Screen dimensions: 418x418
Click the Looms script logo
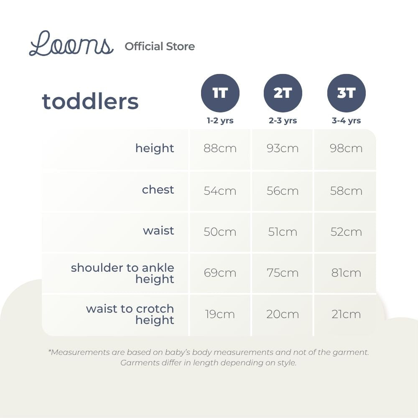(71, 44)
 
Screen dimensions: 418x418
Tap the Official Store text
(160, 46)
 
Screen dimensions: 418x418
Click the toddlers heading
(90, 102)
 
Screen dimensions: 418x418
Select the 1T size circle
(220, 93)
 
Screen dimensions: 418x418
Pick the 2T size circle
(283, 93)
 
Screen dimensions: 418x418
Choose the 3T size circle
(346, 93)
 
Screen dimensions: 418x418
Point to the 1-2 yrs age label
(220, 121)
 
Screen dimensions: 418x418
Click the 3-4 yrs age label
(346, 121)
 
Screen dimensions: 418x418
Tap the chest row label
(158, 190)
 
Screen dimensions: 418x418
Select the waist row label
(158, 231)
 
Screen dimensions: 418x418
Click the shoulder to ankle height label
(122, 273)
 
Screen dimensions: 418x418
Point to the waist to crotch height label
(130, 314)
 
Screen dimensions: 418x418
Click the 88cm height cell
(220, 148)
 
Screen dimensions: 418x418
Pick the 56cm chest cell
(283, 191)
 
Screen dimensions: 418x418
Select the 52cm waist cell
(346, 232)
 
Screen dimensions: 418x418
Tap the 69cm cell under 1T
(220, 273)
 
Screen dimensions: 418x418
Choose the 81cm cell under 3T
(346, 273)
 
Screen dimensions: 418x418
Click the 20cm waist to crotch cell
(283, 314)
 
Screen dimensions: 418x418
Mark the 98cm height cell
(346, 148)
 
